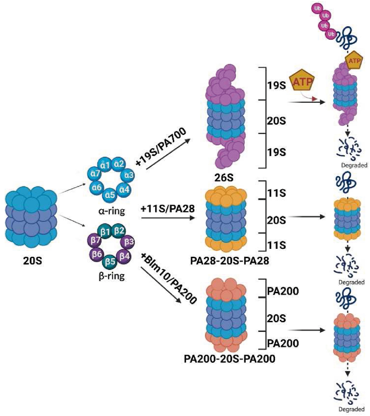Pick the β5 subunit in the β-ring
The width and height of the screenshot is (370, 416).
click(x=110, y=261)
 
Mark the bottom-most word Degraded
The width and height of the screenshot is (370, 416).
click(x=351, y=409)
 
